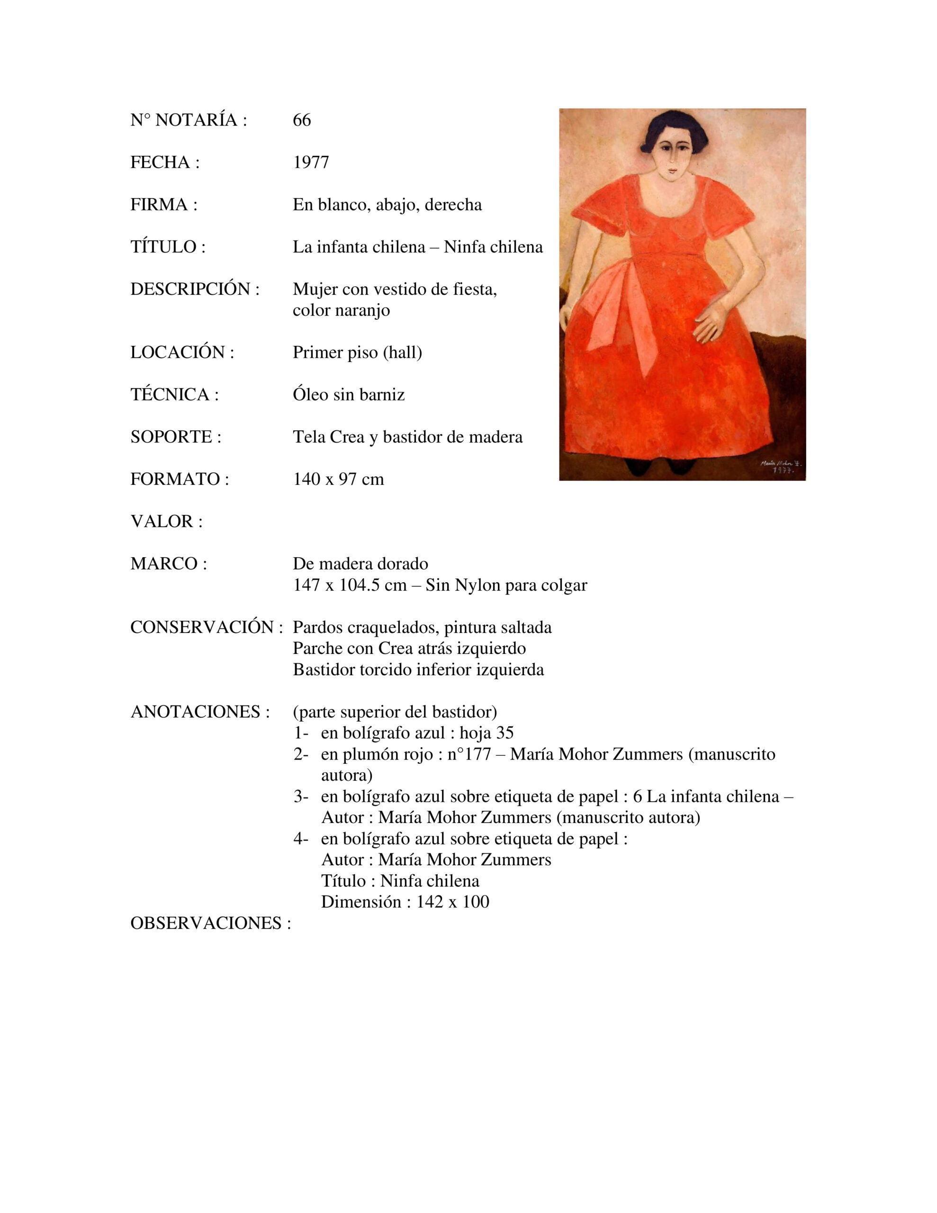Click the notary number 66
click(302, 120)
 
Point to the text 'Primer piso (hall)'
click(357, 352)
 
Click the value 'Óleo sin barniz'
click(348, 394)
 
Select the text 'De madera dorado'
click(360, 564)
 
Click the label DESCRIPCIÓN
click(194, 289)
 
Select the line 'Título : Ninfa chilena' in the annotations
click(400, 880)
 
